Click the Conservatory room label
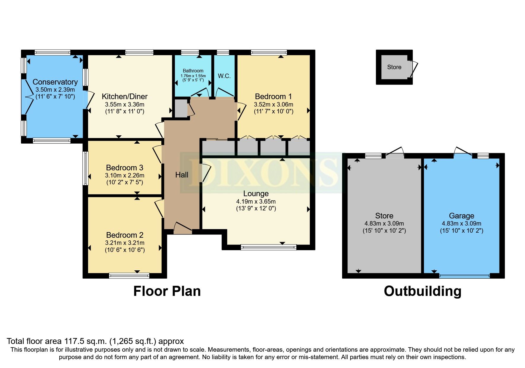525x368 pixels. click(x=55, y=82)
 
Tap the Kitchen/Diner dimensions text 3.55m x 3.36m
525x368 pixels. click(x=125, y=104)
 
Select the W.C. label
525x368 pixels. click(x=224, y=76)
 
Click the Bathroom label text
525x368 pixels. click(x=193, y=71)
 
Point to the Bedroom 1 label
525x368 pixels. click(x=273, y=96)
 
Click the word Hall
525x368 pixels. click(x=182, y=175)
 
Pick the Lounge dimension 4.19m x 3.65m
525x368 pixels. click(x=256, y=201)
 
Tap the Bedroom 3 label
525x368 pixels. click(x=125, y=168)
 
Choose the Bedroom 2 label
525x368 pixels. click(x=125, y=235)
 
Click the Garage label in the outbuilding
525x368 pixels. click(x=461, y=216)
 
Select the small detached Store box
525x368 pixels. click(x=394, y=67)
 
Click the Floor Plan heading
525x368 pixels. click(x=167, y=291)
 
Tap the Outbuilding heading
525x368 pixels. click(x=422, y=291)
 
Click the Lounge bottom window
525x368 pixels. click(x=269, y=247)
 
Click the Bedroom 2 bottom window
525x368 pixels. click(x=129, y=276)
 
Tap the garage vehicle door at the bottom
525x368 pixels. click(x=464, y=276)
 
